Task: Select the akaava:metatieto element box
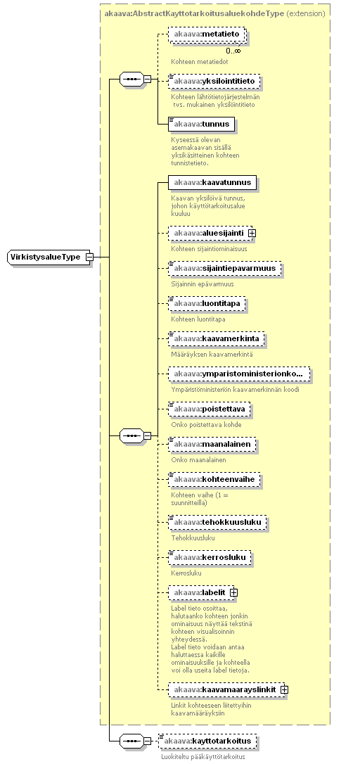point(206,35)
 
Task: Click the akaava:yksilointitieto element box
point(214,81)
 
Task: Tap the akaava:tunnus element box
point(201,125)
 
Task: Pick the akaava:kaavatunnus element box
point(212,183)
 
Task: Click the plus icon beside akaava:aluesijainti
point(252,234)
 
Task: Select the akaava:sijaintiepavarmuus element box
point(224,268)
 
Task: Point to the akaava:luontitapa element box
point(207,303)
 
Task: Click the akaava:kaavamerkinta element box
point(217,338)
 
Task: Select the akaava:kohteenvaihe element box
point(214,480)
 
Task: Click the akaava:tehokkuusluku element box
point(218,522)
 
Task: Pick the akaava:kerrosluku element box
point(210,557)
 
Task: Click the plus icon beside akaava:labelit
point(233,592)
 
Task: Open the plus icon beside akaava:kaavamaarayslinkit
point(284,690)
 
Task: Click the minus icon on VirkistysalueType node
point(89,257)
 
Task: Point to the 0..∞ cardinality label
point(233,51)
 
